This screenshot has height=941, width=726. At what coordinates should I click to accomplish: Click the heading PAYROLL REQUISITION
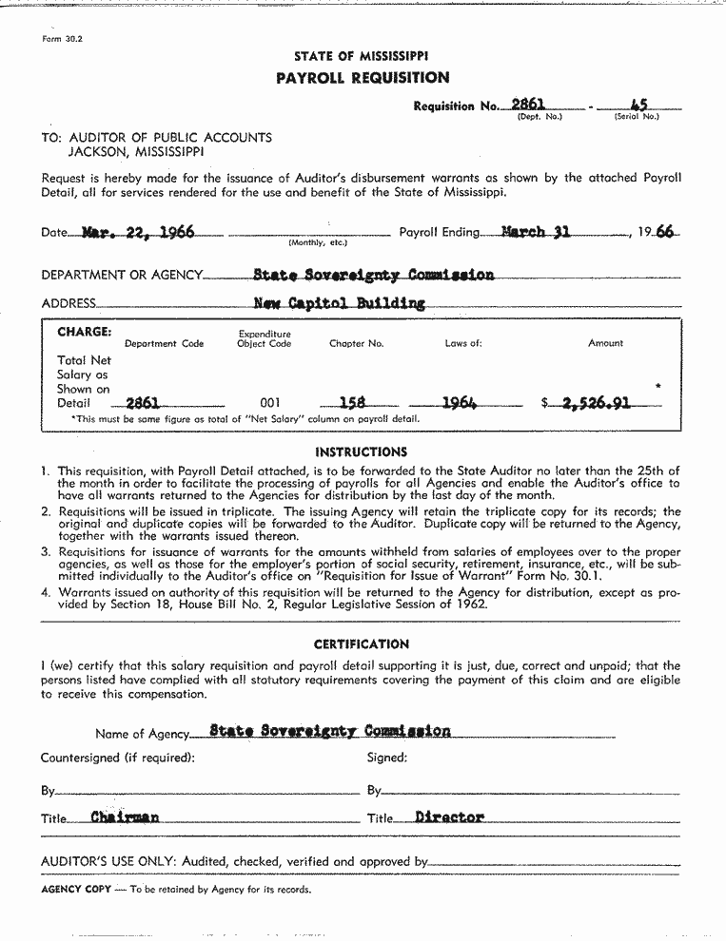[362, 78]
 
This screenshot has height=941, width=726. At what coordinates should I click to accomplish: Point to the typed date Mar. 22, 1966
[139, 232]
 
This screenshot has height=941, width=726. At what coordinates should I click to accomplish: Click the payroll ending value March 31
[536, 231]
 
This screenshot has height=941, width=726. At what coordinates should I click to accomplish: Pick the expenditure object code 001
[271, 403]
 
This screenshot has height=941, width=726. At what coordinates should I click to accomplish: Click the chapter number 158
[353, 402]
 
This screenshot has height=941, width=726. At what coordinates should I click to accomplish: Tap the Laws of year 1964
[459, 402]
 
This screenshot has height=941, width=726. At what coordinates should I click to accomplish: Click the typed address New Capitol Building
[340, 304]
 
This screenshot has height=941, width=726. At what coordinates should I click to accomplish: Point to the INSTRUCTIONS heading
[361, 452]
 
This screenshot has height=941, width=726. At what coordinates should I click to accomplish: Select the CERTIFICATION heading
[361, 644]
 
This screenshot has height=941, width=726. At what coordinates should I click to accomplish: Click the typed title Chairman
[125, 817]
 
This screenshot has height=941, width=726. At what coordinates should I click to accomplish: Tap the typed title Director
[449, 817]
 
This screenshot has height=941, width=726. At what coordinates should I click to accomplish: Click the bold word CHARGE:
[85, 333]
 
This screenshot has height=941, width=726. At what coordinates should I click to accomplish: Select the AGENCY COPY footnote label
[76, 890]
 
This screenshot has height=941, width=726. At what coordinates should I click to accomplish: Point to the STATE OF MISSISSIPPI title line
[361, 57]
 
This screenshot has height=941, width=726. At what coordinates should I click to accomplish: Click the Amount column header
[605, 343]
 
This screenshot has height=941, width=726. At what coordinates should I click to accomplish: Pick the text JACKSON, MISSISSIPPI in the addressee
[135, 151]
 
